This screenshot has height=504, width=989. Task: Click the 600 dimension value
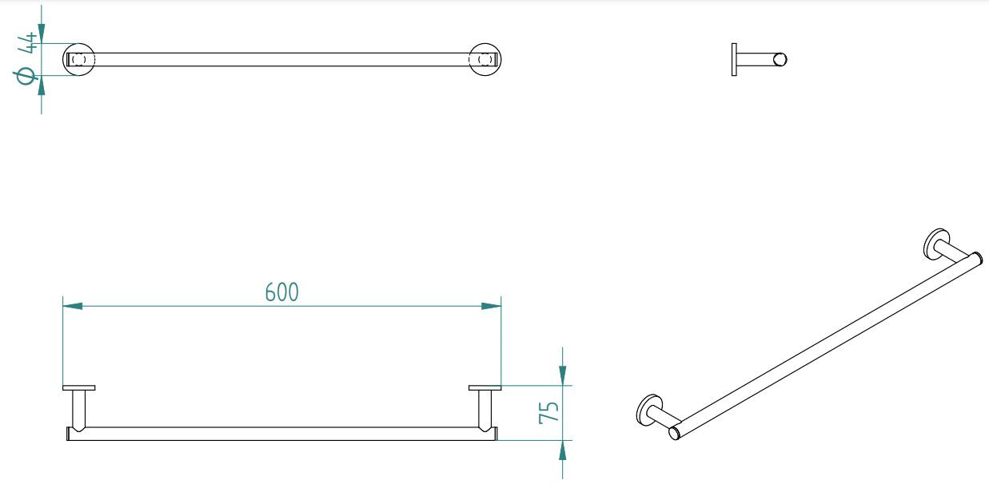281,292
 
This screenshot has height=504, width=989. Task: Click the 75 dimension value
548,411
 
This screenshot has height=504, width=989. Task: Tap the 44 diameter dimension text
29,42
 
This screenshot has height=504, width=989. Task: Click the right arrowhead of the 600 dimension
491,306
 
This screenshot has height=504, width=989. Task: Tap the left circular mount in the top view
79,59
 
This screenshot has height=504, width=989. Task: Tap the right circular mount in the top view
485,59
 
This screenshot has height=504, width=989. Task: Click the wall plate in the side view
734,59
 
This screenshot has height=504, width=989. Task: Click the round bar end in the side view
780,59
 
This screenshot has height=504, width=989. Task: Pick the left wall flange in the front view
78,388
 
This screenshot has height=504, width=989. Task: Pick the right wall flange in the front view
485,388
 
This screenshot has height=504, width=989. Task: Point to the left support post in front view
78,409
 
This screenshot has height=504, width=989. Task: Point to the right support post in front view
485,409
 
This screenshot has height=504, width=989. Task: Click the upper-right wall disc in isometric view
935,243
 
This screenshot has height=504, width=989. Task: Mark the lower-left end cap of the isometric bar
675,434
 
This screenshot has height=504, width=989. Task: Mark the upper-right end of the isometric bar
975,258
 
